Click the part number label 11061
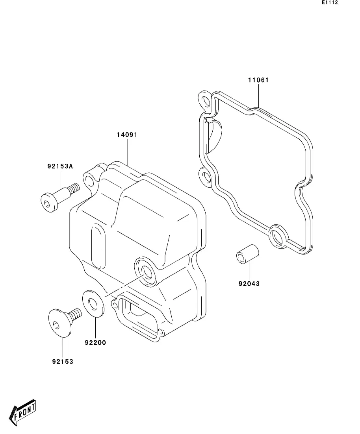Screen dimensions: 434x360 (x=258, y=80)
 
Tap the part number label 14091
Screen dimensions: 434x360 (x=127, y=135)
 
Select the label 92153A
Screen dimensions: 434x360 (x=60, y=166)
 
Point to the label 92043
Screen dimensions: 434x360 (x=249, y=283)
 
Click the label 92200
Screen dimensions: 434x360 (x=95, y=342)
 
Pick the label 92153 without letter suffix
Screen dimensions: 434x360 (x=63, y=362)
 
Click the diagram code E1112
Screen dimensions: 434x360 (x=330, y=3)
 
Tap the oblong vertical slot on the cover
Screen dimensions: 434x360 (x=98, y=246)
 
